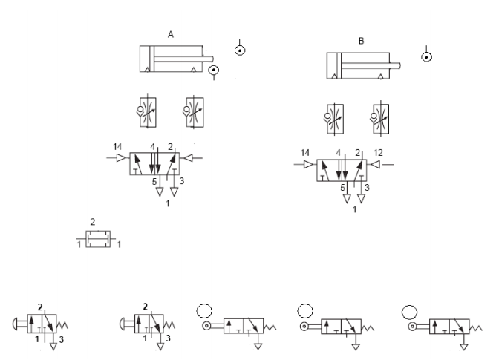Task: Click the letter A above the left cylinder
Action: pos(171,34)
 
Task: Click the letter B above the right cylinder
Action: pos(361,41)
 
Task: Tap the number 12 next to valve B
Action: pos(378,153)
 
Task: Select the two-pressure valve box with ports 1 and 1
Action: pos(98,239)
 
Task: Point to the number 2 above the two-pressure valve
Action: pos(93,222)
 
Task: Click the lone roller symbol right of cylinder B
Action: pos(426,57)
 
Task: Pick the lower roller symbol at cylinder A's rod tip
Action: pos(214,70)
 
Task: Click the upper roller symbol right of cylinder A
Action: pos(240,50)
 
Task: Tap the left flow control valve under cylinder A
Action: pos(148,112)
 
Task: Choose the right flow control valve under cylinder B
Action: pos(381,119)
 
